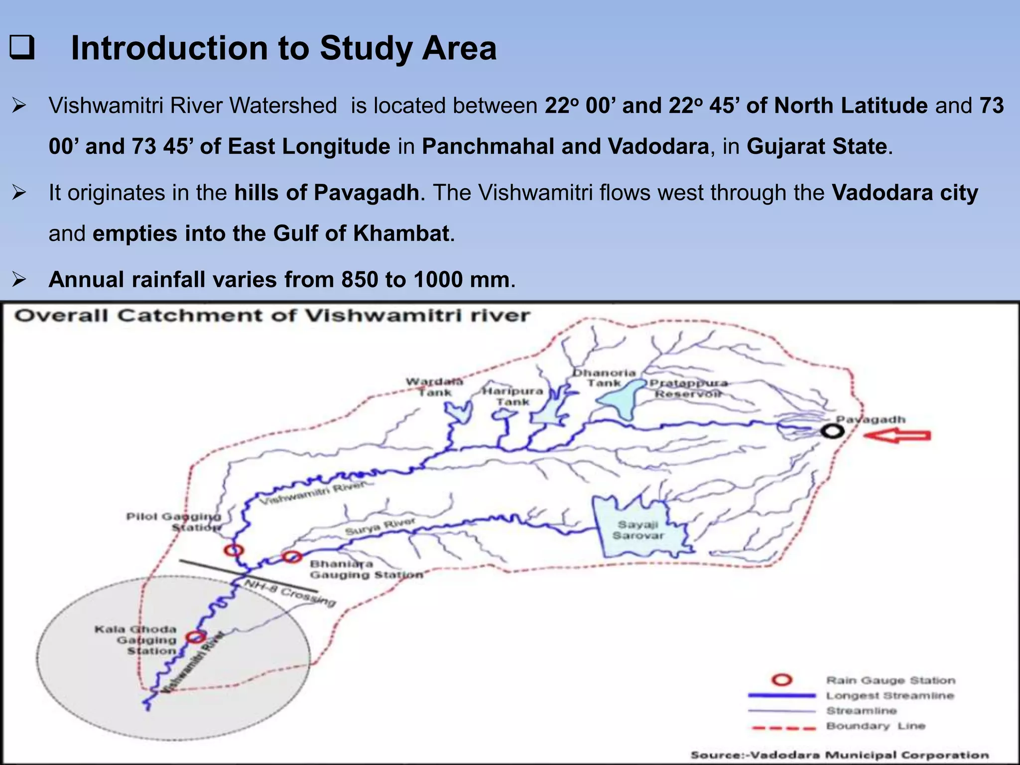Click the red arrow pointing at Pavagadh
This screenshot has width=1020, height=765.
[x=896, y=436]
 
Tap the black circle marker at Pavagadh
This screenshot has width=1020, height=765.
[x=833, y=431]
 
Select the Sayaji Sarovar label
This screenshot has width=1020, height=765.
[x=638, y=530]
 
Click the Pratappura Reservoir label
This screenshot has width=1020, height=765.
[x=688, y=388]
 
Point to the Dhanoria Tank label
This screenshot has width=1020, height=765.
[x=604, y=378]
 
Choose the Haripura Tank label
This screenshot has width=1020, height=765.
[x=512, y=396]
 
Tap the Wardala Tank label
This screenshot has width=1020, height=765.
[x=434, y=387]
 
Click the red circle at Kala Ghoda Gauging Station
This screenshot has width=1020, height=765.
[x=196, y=637]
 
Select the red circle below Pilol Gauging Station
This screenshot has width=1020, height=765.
[x=234, y=550]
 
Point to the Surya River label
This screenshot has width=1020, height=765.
[x=380, y=526]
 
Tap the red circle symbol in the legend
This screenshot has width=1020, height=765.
[x=781, y=680]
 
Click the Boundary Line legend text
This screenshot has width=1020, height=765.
[x=876, y=726]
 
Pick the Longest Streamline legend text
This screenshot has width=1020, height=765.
[x=890, y=695]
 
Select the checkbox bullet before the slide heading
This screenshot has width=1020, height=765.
[x=22, y=48]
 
